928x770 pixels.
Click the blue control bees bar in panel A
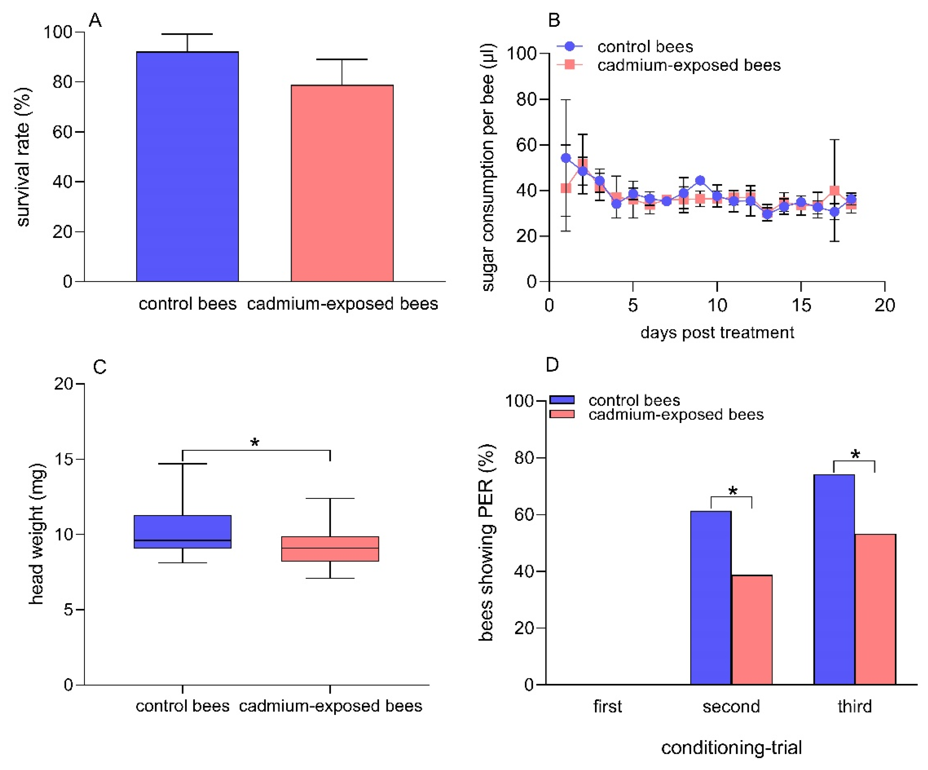187,166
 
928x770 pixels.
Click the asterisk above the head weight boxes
255,442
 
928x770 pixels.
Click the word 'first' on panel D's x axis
607,706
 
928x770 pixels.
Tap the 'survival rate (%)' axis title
23,157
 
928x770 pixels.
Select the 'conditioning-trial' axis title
731,748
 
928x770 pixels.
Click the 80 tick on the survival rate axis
62,82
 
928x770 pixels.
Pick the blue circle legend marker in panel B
570,46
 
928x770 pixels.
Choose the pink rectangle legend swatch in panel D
562,414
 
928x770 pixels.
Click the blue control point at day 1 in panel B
566,158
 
